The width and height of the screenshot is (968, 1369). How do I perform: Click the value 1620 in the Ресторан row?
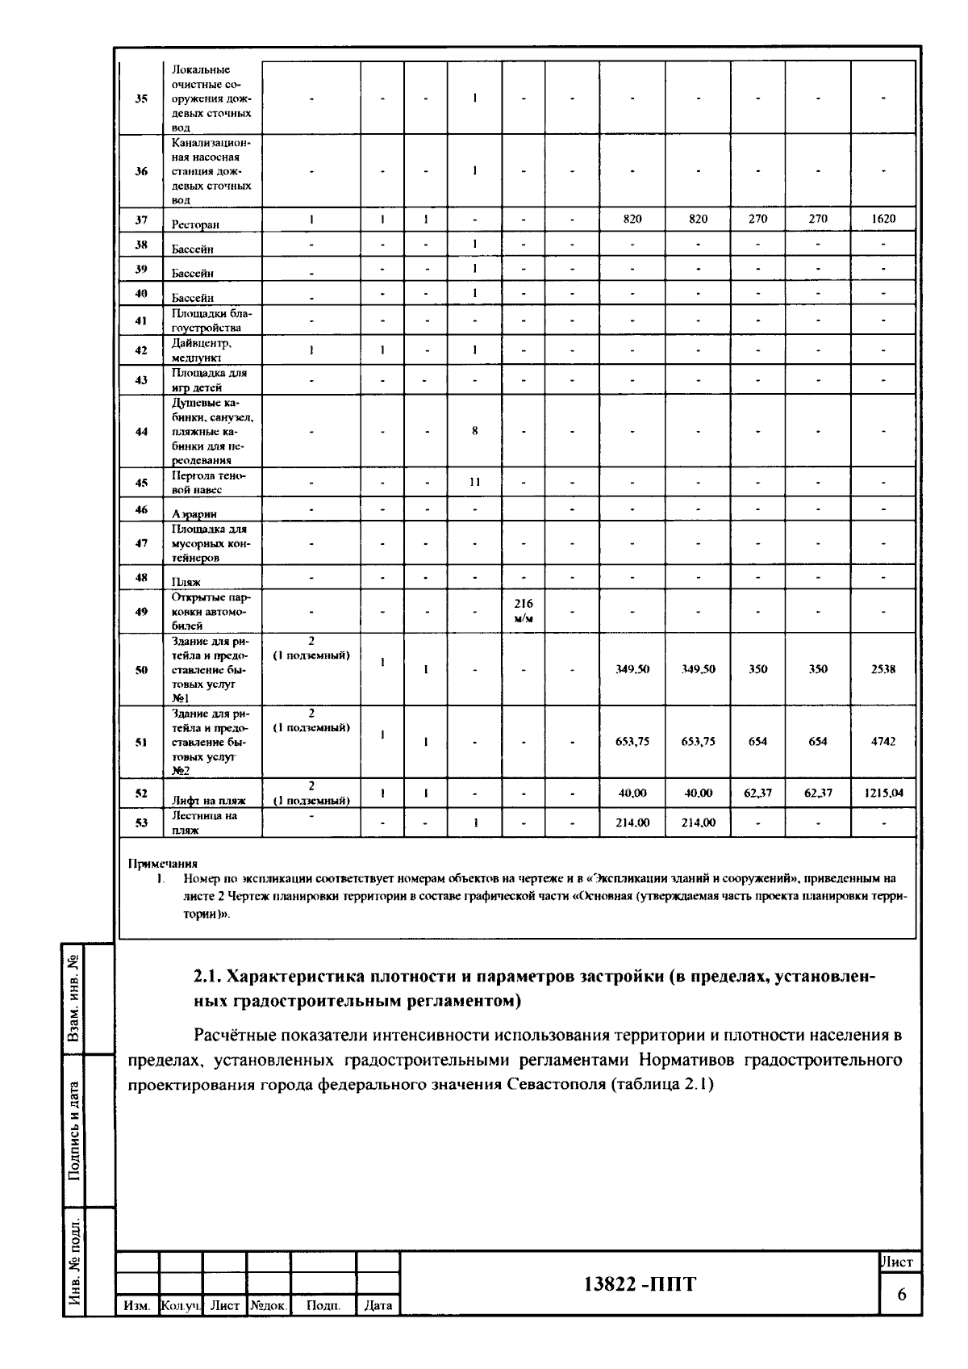[x=883, y=219]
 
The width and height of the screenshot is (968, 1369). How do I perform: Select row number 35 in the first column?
[x=141, y=98]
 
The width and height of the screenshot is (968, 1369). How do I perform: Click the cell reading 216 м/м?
[x=523, y=611]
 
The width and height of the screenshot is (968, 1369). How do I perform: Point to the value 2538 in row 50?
[x=883, y=669]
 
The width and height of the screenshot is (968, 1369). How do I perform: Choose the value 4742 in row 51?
[x=883, y=742]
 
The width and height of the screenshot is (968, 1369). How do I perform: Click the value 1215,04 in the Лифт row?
[x=883, y=793]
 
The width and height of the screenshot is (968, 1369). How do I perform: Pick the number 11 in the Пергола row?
[x=474, y=482]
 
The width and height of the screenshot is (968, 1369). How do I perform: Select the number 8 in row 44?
[x=474, y=431]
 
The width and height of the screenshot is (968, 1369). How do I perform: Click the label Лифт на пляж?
[x=208, y=801]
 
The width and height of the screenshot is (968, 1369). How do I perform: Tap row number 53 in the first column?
[x=141, y=823]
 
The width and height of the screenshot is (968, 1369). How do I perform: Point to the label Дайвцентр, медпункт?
[x=202, y=350]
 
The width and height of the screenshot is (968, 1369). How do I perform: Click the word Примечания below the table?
[x=163, y=863]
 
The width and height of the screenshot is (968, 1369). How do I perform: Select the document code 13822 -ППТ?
[x=639, y=1284]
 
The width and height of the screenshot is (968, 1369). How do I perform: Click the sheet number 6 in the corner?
[x=901, y=1294]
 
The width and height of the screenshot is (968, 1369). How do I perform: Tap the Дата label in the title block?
[x=378, y=1305]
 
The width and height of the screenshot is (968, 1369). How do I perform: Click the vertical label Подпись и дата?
[x=74, y=1130]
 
